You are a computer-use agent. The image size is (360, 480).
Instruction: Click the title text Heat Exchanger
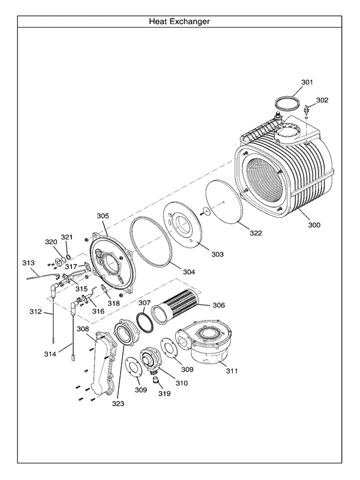click(x=179, y=22)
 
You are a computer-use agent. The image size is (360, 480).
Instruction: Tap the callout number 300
click(x=314, y=225)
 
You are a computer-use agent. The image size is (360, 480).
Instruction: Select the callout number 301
click(x=307, y=82)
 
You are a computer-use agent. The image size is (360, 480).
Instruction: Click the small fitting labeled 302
click(x=308, y=110)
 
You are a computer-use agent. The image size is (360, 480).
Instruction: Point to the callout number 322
click(x=256, y=233)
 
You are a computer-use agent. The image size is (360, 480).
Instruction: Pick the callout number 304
click(x=189, y=272)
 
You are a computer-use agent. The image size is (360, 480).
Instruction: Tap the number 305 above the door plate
click(x=103, y=215)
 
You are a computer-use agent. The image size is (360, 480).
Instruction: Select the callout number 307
click(x=144, y=303)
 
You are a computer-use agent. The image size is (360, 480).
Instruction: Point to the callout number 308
click(x=83, y=329)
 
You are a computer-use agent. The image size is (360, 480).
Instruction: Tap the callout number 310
click(x=181, y=383)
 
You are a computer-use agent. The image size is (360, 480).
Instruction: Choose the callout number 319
click(x=165, y=394)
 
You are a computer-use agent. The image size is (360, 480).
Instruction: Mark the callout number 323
click(x=118, y=404)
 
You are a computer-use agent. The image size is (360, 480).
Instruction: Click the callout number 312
click(x=35, y=312)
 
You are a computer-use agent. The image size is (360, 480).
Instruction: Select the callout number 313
click(x=28, y=263)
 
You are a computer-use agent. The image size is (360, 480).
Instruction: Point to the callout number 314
click(x=50, y=355)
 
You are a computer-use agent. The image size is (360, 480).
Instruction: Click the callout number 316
click(x=98, y=311)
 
